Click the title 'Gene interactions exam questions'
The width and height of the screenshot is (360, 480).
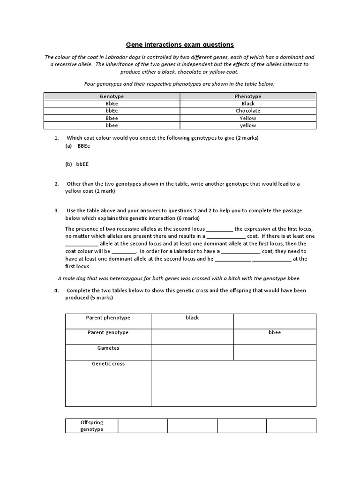click(180, 45)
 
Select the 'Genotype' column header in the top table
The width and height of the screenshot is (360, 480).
click(112, 96)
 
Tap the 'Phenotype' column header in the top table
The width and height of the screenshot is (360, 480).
click(248, 96)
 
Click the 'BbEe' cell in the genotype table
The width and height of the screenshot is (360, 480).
click(112, 104)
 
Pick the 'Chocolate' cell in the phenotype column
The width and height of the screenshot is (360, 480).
click(248, 111)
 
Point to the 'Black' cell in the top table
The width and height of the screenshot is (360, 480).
click(248, 104)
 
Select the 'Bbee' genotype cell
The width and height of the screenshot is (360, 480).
click(112, 118)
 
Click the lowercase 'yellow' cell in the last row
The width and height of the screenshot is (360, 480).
click(248, 126)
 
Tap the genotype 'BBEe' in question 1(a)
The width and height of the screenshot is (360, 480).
click(83, 146)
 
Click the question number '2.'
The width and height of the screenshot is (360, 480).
click(57, 184)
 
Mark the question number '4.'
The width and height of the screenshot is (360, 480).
click(57, 290)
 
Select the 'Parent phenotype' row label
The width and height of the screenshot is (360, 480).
click(108, 318)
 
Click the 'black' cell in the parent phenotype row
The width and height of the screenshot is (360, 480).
click(192, 318)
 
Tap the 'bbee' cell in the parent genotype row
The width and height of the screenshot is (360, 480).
click(275, 332)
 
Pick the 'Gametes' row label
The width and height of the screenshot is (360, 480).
click(108, 348)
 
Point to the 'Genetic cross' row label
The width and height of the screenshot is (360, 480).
click(108, 364)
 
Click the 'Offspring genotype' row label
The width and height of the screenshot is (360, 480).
click(91, 426)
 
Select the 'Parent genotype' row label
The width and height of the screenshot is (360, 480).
click(108, 332)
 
